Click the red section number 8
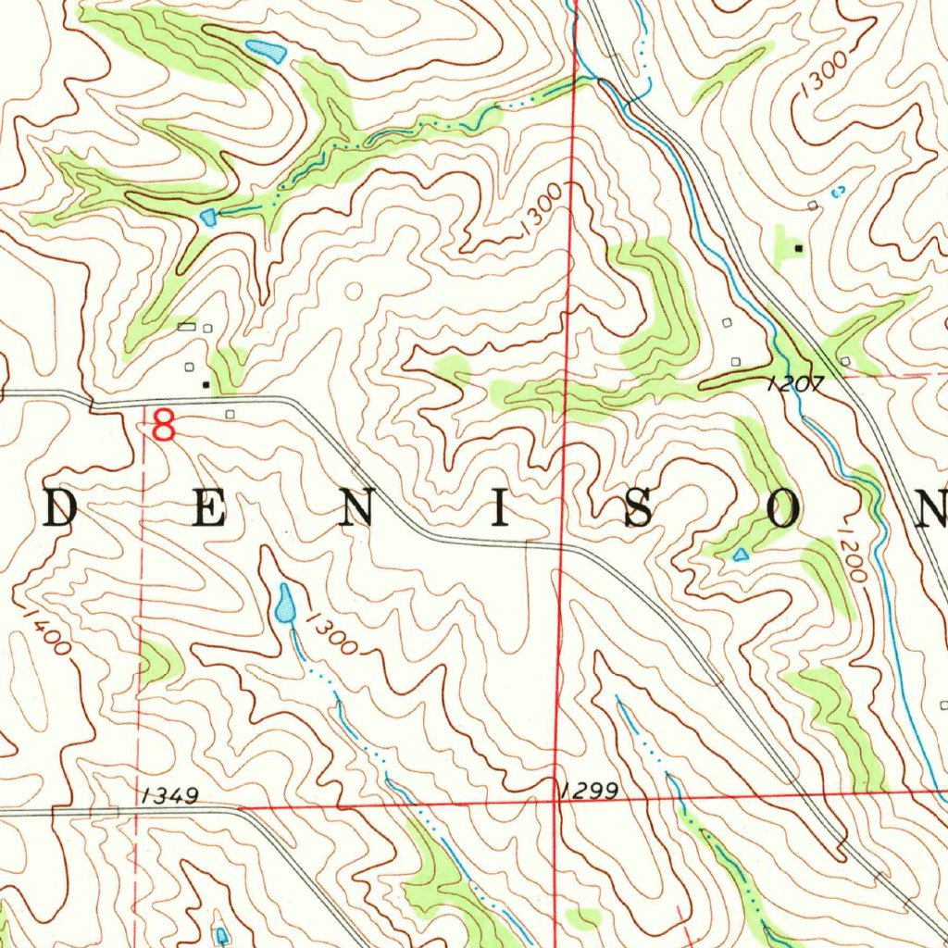pyautogui.click(x=163, y=427)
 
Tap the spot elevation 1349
pyautogui.click(x=172, y=795)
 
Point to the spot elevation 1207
pyautogui.click(x=794, y=383)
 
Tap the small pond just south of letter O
pyautogui.click(x=740, y=555)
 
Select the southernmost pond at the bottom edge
pyautogui.click(x=221, y=935)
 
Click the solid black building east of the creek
pyautogui.click(x=798, y=248)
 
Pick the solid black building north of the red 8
pyautogui.click(x=206, y=382)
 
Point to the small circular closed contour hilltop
pyautogui.click(x=352, y=292)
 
